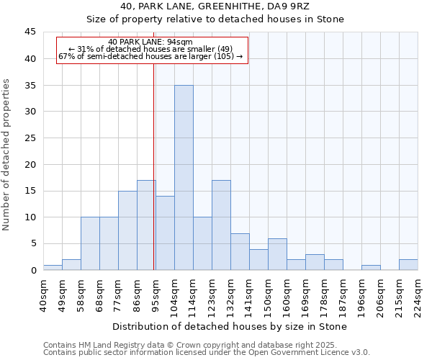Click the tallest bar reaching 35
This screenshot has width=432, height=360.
pyautogui.click(x=184, y=177)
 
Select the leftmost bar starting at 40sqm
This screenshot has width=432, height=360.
pyautogui.click(x=53, y=267)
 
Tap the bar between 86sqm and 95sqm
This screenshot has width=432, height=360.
pyautogui.click(x=146, y=225)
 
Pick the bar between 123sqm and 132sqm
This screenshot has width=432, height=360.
pyautogui.click(x=221, y=225)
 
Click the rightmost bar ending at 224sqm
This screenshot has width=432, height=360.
pyautogui.click(x=408, y=264)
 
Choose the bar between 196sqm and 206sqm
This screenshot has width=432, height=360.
pyautogui.click(x=371, y=267)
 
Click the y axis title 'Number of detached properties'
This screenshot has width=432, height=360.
pyautogui.click(x=6, y=155)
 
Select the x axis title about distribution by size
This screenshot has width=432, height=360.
pyautogui.click(x=230, y=327)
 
